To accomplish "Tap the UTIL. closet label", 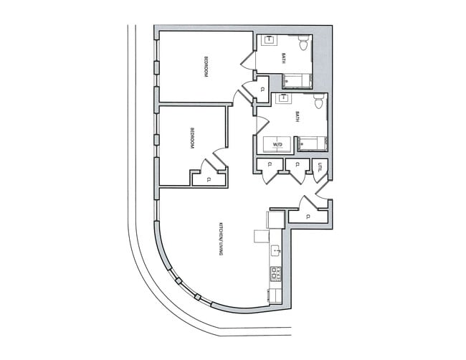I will (x=320, y=166).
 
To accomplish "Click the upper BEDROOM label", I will (x=206, y=67).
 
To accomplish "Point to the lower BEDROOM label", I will (x=192, y=138).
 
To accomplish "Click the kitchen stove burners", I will (x=275, y=273).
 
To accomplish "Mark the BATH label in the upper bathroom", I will (x=284, y=59).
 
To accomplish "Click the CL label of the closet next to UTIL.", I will (x=296, y=166).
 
